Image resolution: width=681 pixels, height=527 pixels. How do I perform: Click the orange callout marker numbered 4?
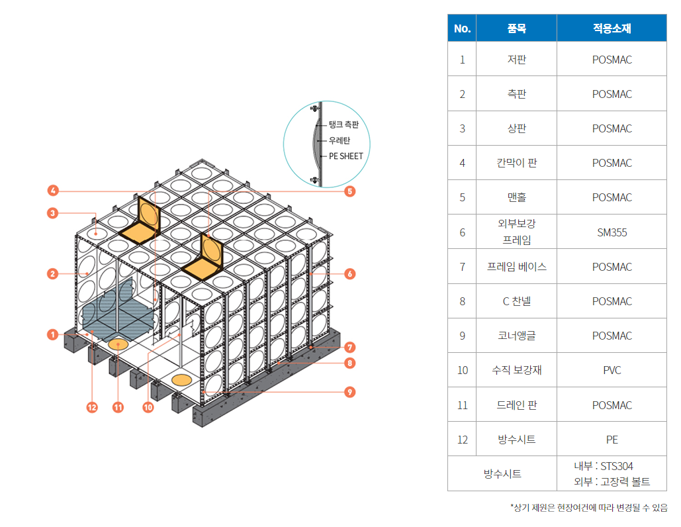click(53, 190)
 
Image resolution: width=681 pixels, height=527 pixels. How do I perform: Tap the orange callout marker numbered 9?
click(349, 392)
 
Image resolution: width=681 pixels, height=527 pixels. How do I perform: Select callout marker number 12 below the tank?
click(92, 407)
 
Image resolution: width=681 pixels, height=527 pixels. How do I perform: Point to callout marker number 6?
click(349, 273)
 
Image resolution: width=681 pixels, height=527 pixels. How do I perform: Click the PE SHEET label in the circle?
click(345, 156)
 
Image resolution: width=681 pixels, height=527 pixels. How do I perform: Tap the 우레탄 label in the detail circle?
click(340, 140)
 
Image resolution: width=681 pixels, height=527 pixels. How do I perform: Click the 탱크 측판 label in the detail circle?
click(343, 124)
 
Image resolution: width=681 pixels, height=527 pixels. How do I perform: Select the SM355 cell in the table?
click(612, 232)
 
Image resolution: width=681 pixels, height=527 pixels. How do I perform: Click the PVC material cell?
click(612, 370)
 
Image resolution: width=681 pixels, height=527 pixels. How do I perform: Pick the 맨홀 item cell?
click(516, 197)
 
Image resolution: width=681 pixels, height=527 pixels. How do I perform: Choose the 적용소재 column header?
click(612, 28)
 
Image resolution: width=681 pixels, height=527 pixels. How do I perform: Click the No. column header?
click(462, 28)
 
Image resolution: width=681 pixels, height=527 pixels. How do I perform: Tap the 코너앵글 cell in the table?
click(516, 336)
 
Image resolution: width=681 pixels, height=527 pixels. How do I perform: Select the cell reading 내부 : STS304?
click(604, 466)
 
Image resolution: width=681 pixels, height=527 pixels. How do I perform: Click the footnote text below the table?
click(589, 507)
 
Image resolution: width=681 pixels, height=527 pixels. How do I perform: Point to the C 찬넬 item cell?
click(516, 301)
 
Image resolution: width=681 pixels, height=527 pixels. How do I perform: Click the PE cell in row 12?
click(612, 440)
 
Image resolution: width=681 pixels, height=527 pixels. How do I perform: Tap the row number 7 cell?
click(462, 267)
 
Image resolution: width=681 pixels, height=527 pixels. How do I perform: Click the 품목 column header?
click(516, 28)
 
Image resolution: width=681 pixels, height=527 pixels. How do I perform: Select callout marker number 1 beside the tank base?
click(53, 334)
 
